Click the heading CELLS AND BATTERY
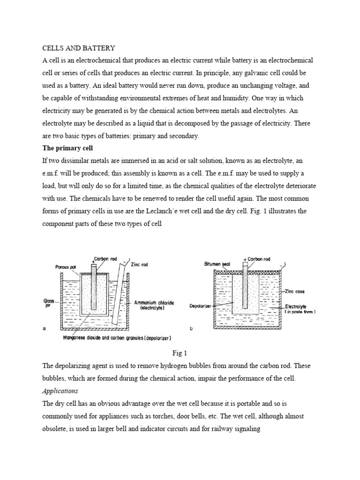pyautogui.click(x=79, y=48)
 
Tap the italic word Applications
pyautogui.click(x=60, y=390)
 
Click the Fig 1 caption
pyautogui.click(x=180, y=352)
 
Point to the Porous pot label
pyautogui.click(x=65, y=267)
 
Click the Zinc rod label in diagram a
pyautogui.click(x=138, y=264)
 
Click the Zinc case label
pyautogui.click(x=294, y=291)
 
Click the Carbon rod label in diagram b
pyautogui.click(x=258, y=259)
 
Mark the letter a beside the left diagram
pyautogui.click(x=44, y=329)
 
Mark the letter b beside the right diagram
pyautogui.click(x=191, y=329)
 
